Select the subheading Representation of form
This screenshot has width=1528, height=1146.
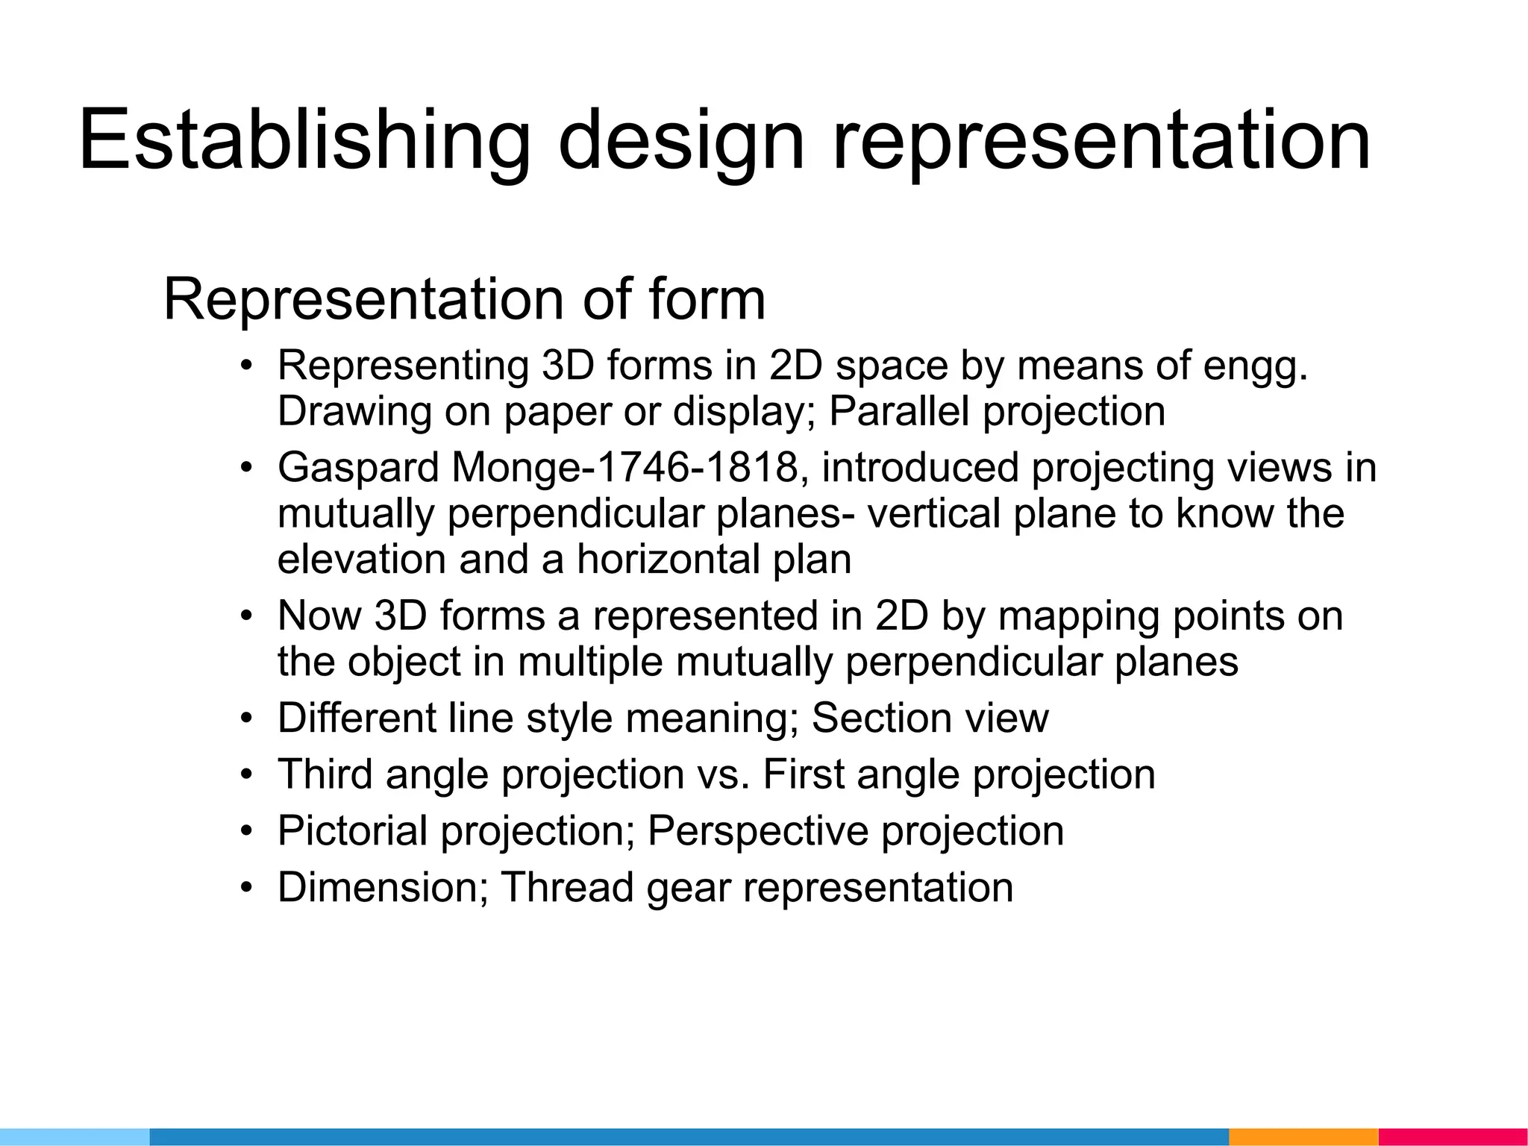pyautogui.click(x=464, y=299)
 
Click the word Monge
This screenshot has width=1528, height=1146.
pyautogui.click(x=515, y=469)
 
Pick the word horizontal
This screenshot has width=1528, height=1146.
pyautogui.click(x=667, y=560)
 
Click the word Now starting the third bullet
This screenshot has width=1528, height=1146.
pyautogui.click(x=319, y=616)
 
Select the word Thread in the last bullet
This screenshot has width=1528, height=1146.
pyautogui.click(x=567, y=888)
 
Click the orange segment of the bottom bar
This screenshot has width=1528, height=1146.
pyautogui.click(x=1303, y=1137)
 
